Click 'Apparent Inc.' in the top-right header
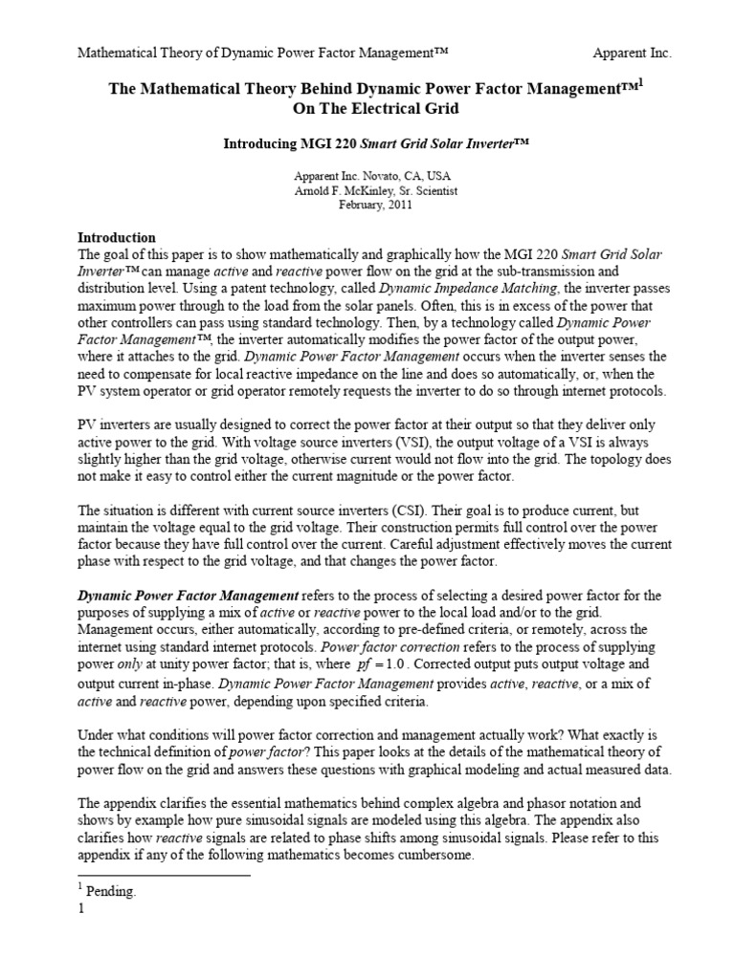632,54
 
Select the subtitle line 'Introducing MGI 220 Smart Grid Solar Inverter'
376,141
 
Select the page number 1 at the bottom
81,909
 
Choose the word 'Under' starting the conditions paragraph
96,734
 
